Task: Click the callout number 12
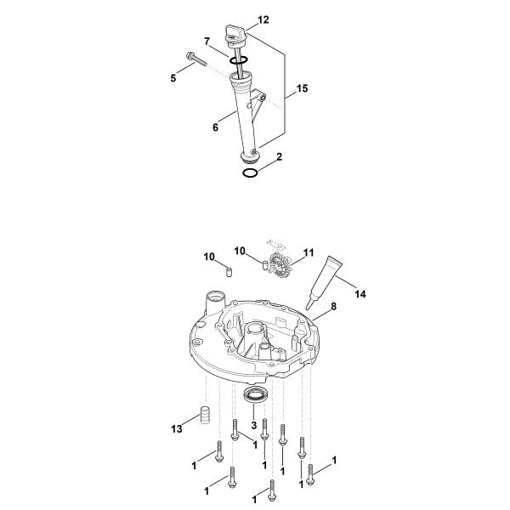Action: tap(263, 20)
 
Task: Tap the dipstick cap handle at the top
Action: tap(235, 32)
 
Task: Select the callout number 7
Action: tap(207, 42)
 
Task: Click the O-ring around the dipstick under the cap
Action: tap(238, 60)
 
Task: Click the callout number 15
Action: tap(302, 88)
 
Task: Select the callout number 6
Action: tap(215, 127)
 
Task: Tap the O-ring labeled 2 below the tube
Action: tap(251, 173)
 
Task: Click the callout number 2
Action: tap(279, 157)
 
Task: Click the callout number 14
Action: tap(360, 294)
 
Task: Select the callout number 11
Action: tap(308, 252)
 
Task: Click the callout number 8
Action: tap(333, 306)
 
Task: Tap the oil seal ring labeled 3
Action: tap(256, 394)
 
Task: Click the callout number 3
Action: tap(254, 425)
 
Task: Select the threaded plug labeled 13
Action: tap(204, 414)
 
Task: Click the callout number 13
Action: tap(177, 429)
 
